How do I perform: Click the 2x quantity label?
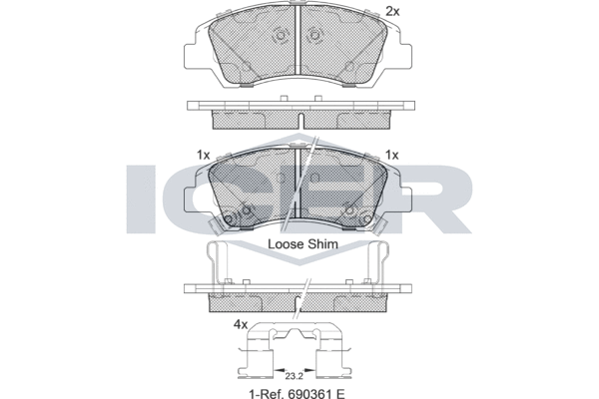[x=392, y=12]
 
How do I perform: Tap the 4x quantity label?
[x=241, y=325]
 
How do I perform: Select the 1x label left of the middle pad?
[x=204, y=155]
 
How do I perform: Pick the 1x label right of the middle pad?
[x=392, y=155]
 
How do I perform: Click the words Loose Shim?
[x=302, y=244]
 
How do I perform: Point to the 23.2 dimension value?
[x=294, y=376]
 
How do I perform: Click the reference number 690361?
[x=308, y=393]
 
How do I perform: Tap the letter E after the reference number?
[x=341, y=393]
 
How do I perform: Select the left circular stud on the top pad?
[x=281, y=36]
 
